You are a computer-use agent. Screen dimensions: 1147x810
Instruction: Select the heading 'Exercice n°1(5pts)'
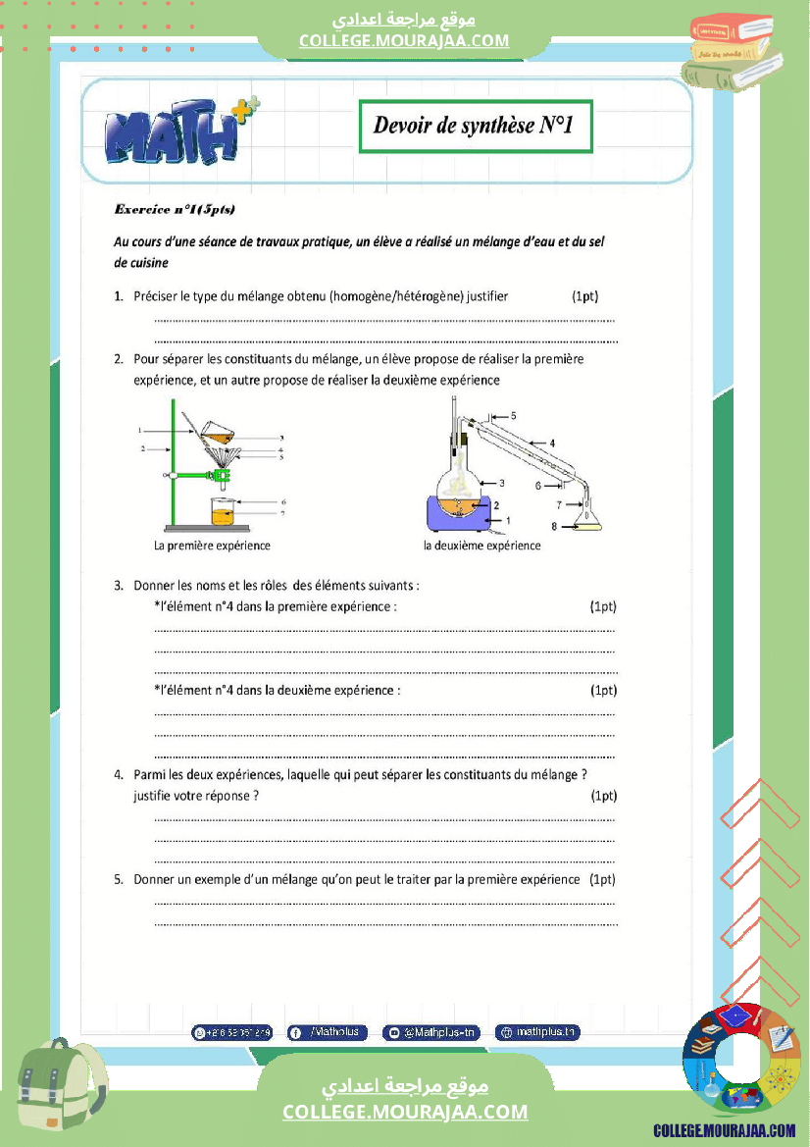point(175,209)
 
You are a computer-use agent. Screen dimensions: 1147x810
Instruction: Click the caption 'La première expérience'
point(212,546)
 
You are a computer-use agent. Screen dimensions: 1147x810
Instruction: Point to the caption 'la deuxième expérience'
point(481,546)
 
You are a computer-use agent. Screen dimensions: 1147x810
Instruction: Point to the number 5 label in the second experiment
point(513,415)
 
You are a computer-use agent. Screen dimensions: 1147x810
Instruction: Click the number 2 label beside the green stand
point(142,448)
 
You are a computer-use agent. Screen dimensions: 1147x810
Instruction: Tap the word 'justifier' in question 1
point(488,295)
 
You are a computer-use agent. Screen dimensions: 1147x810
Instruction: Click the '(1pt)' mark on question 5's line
point(602,879)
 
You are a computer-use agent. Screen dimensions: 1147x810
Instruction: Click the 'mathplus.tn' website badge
point(538,1032)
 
